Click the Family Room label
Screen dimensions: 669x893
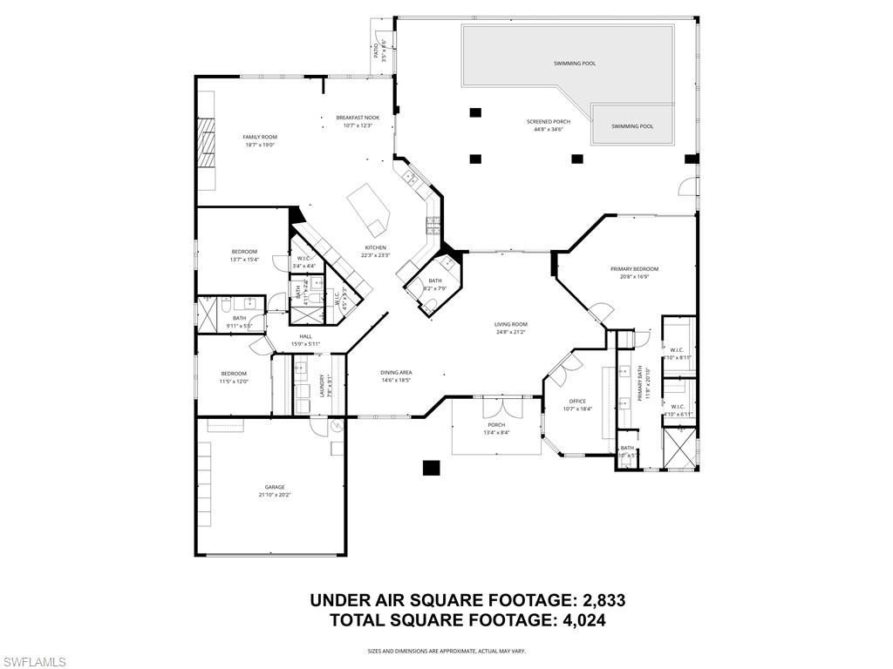click(260, 137)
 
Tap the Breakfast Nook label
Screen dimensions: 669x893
click(358, 118)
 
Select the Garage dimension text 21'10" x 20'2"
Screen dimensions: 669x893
click(275, 495)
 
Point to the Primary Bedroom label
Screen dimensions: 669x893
click(634, 269)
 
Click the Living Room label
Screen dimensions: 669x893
click(511, 324)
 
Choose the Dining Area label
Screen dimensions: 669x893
click(396, 372)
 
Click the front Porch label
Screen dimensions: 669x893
click(495, 424)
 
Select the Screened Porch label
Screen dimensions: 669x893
click(548, 122)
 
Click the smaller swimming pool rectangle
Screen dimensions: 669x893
click(632, 125)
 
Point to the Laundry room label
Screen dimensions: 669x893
click(323, 384)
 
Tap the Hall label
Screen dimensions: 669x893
click(305, 336)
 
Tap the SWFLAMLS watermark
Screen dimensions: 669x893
click(34, 662)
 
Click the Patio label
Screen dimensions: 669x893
click(377, 51)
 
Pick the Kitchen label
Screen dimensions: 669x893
click(375, 247)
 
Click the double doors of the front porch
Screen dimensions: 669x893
click(494, 407)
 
